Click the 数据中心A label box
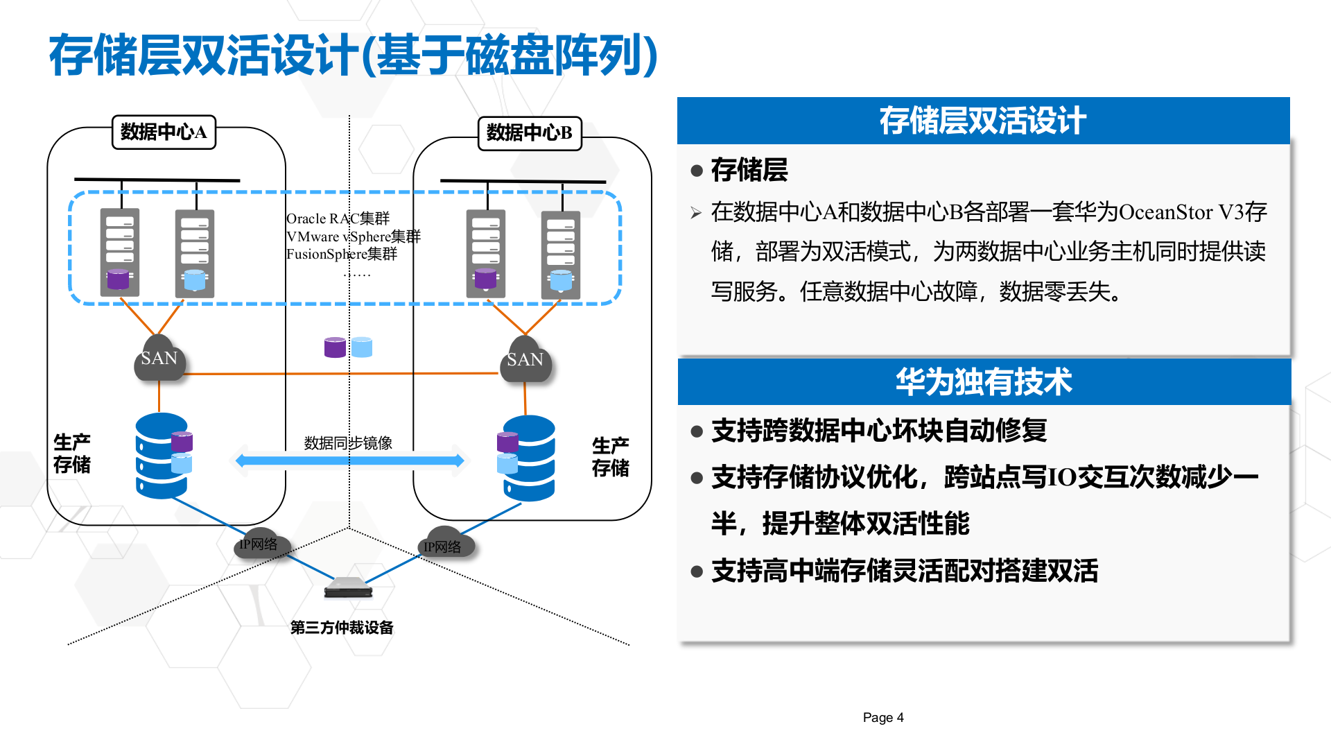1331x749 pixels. coord(164,132)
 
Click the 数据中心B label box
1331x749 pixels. coord(530,133)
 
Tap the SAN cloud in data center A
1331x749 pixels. coord(159,359)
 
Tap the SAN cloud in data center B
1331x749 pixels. coord(525,360)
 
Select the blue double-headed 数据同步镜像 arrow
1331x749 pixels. coord(349,460)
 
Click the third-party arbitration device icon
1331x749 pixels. coord(349,587)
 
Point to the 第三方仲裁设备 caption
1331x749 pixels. coord(342,628)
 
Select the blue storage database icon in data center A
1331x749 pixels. coord(161,456)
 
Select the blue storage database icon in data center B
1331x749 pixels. coord(529,458)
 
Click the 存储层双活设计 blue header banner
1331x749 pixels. coord(983,121)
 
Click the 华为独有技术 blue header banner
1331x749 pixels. coord(984,381)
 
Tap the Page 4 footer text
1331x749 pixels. coord(882,718)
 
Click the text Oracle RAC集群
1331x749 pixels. coord(338,218)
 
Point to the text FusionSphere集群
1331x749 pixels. coord(342,254)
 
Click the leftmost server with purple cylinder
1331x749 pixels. coord(120,252)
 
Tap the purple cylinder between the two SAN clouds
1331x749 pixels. coord(335,347)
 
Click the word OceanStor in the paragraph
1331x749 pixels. coord(1165,212)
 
